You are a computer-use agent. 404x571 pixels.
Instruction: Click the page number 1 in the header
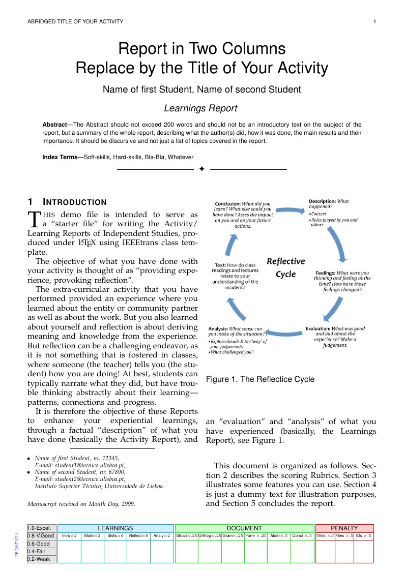[x=374, y=22]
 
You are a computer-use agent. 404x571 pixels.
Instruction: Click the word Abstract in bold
[x=54, y=125]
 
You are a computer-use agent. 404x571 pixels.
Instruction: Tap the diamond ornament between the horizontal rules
[x=201, y=169]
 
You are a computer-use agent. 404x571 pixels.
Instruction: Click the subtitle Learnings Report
[x=200, y=108]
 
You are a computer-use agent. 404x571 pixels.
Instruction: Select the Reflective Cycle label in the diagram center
[x=285, y=267]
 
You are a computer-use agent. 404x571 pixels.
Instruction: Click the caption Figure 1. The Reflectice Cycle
[x=260, y=379]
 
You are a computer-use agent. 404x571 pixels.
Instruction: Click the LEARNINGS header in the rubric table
[x=116, y=528]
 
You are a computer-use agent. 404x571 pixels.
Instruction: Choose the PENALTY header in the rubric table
[x=344, y=528]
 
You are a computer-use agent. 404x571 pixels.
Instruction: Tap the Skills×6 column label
[x=116, y=536]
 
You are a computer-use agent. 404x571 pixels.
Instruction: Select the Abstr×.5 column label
[x=279, y=536]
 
